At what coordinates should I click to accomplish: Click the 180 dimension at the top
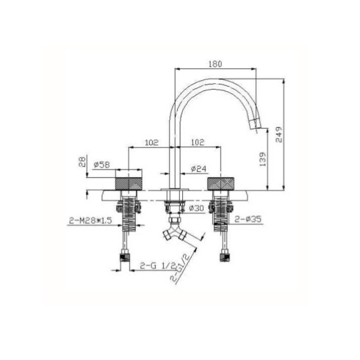pos(215,64)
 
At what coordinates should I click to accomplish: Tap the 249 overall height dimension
pos(278,134)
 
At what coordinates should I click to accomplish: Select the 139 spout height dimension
pos(262,159)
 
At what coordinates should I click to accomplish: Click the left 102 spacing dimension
pos(151,143)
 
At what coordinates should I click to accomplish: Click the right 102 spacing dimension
pos(198,143)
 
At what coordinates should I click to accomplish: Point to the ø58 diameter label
pos(101,165)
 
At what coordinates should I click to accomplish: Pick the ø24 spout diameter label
pos(198,169)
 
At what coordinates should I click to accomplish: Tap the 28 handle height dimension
pos(82,162)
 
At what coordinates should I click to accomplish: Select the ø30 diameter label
pos(197,208)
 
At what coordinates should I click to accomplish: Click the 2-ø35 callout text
pos(248,219)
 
